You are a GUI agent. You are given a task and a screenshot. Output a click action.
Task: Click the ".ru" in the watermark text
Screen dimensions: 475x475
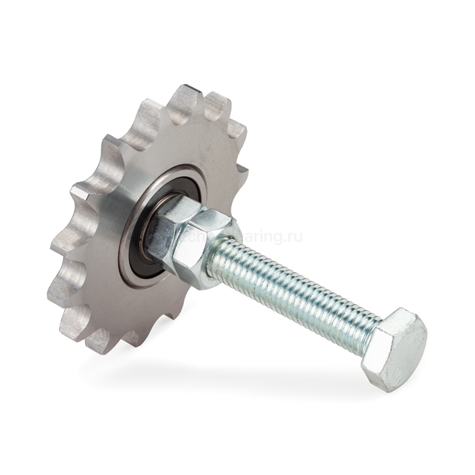tap(293, 237)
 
